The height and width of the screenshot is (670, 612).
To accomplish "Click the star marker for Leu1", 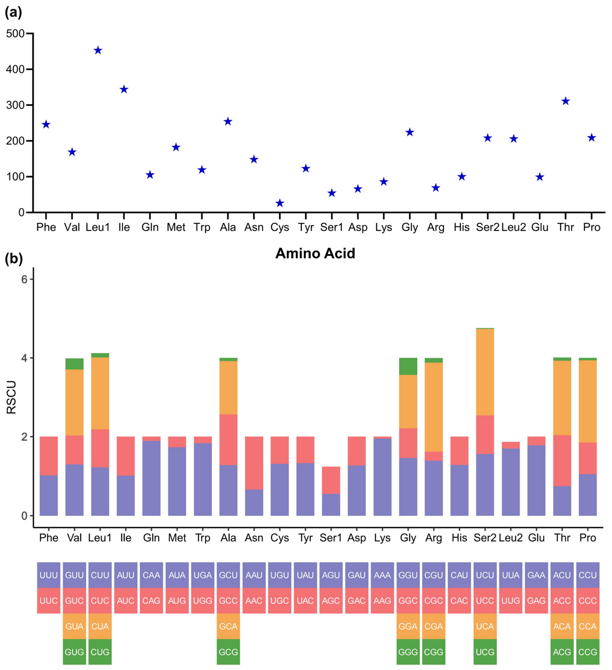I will point(98,51).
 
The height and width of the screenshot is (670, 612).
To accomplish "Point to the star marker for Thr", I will point(565,101).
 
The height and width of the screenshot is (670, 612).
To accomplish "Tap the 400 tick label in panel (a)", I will point(15,69).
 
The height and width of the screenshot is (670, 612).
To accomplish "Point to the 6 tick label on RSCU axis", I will point(24,279).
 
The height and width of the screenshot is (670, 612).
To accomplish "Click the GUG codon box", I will point(74,652).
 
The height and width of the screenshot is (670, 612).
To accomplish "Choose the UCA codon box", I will point(485,626).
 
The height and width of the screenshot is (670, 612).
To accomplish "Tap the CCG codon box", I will point(587,652).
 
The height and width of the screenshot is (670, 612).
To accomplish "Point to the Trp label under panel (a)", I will point(202,227).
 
